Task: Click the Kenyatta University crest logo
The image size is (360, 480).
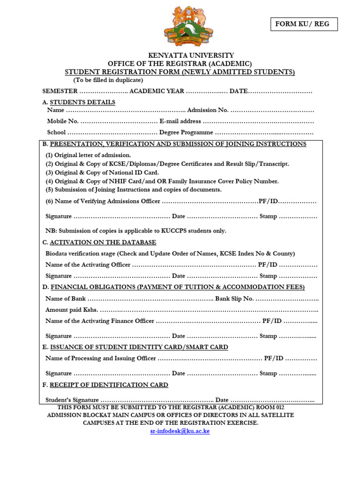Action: coord(188,26)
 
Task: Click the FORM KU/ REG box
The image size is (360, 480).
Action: coord(304,24)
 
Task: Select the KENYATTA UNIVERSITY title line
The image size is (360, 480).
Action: coord(184,55)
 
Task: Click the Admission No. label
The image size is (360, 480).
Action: coord(208,110)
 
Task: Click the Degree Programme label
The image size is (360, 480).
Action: coord(186,133)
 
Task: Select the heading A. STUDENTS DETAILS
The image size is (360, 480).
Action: coord(79,102)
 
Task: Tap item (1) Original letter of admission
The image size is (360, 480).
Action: coord(88,155)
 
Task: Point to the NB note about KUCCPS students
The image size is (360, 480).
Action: coord(136,231)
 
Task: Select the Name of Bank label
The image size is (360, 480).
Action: coord(66,299)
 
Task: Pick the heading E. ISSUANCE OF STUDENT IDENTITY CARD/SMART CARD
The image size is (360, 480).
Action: coord(135,347)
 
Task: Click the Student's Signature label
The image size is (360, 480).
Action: coord(72,400)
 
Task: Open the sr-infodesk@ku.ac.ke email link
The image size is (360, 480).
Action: coord(180,431)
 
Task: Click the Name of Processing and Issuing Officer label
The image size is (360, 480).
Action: coord(101,359)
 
